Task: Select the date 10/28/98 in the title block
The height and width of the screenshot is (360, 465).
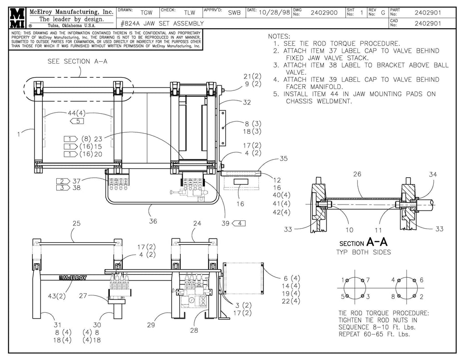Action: tap(274, 13)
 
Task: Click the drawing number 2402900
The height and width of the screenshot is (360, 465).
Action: tap(323, 13)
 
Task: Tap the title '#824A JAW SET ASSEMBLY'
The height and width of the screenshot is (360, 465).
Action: tap(162, 23)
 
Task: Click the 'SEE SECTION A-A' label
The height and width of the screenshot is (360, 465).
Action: tap(77, 61)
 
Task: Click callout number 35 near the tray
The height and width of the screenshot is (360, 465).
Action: tap(283, 159)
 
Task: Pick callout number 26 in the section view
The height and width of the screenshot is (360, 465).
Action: tap(357, 174)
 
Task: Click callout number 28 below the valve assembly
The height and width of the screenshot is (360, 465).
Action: tap(194, 330)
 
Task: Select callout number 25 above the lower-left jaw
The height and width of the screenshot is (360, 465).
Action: tap(77, 223)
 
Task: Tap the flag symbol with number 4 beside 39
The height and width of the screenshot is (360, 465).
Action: tap(239, 223)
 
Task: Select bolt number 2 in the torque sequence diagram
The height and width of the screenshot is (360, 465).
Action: tap(421, 296)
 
